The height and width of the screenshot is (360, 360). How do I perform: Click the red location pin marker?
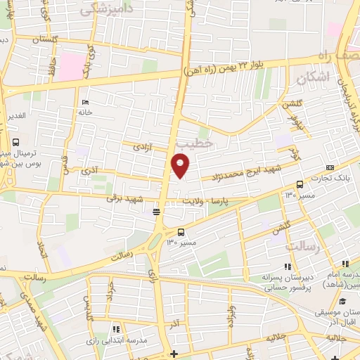coord(181,166)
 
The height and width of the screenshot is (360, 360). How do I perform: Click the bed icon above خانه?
coord(85,101)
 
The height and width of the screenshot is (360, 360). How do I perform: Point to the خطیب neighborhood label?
coord(193,143)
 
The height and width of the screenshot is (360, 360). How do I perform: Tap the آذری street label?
coord(90,171)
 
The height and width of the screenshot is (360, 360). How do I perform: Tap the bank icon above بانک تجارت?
coord(330,167)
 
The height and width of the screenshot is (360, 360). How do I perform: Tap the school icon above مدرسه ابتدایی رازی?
coord(116,328)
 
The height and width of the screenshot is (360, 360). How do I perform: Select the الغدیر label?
coord(14,115)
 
